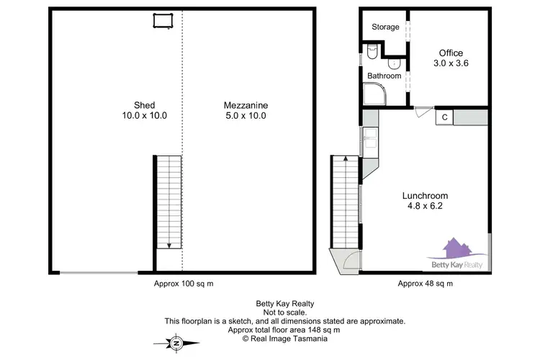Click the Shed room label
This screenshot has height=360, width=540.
pyautogui.click(x=144, y=105)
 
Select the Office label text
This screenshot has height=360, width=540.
pyautogui.click(x=451, y=53)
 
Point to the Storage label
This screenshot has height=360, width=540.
pyautogui.click(x=385, y=27)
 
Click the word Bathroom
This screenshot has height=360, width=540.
pyautogui.click(x=384, y=76)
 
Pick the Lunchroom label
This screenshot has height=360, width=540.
pyautogui.click(x=424, y=196)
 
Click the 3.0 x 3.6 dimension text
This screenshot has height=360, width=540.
pyautogui.click(x=451, y=63)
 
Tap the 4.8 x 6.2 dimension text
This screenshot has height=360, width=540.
pyautogui.click(x=424, y=207)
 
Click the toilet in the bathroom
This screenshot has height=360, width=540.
pyautogui.click(x=372, y=52)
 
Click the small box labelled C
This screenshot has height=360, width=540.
pyautogui.click(x=445, y=117)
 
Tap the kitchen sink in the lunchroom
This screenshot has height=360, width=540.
pyautogui.click(x=370, y=138)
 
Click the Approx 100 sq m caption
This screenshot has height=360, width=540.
pyautogui.click(x=184, y=284)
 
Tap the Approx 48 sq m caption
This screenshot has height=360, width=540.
pyautogui.click(x=425, y=284)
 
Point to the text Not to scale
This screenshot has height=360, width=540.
pyautogui.click(x=286, y=312)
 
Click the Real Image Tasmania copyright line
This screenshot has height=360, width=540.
pyautogui.click(x=286, y=338)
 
